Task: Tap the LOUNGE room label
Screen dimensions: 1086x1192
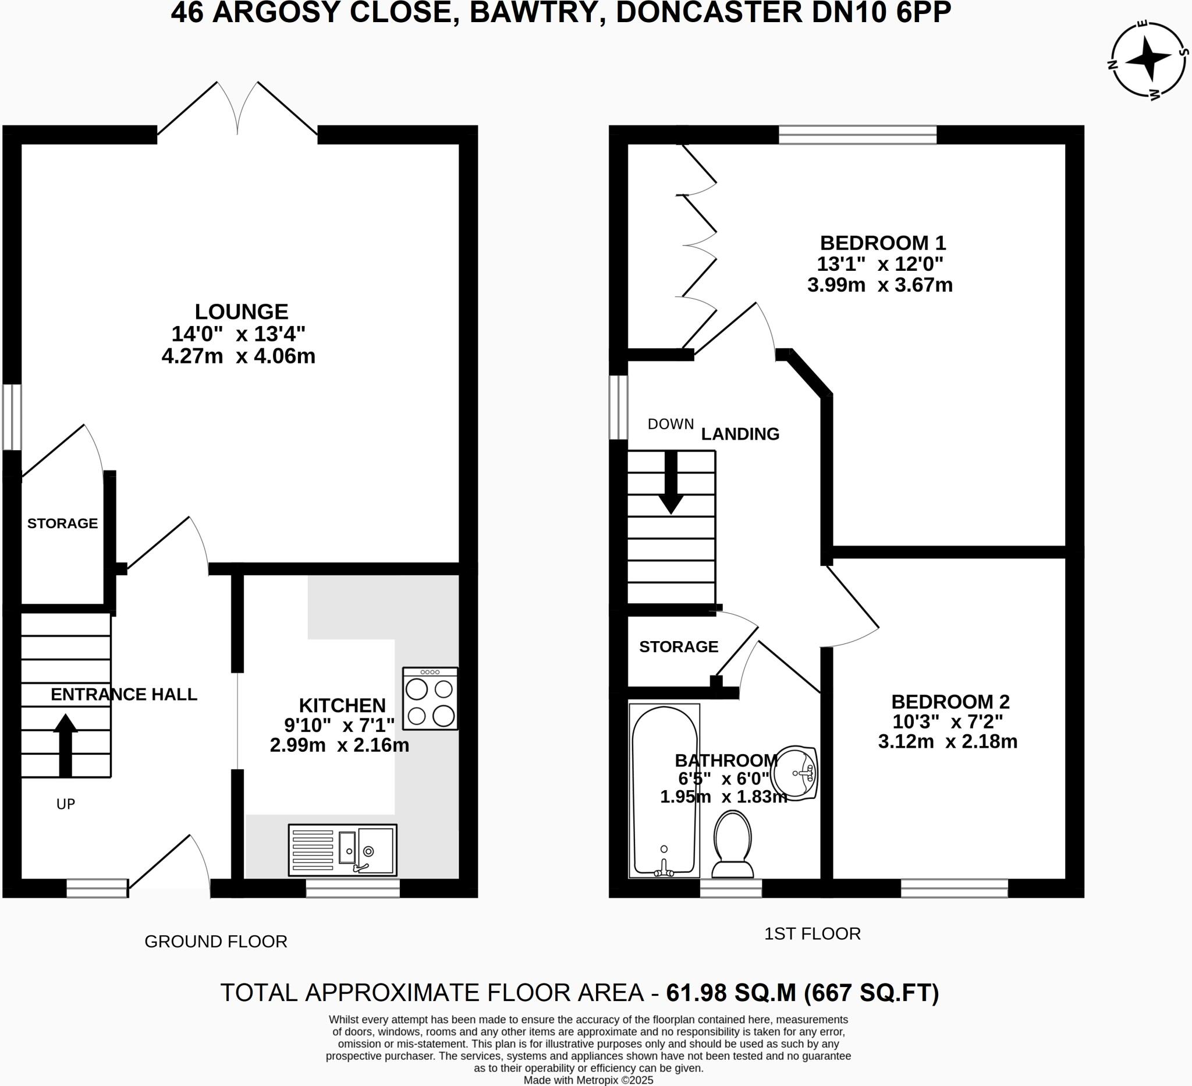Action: [x=241, y=312]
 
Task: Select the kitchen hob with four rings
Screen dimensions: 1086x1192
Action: [x=430, y=698]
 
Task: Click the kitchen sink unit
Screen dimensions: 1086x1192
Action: [x=342, y=850]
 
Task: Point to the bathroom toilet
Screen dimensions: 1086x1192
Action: [x=733, y=845]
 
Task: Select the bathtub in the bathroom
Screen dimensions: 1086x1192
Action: [x=664, y=791]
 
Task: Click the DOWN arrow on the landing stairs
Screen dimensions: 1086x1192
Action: [x=670, y=482]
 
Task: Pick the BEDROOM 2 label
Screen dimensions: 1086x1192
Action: [x=950, y=702]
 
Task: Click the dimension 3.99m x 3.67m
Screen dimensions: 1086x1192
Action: [x=880, y=285]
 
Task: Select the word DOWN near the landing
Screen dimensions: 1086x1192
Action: [x=670, y=424]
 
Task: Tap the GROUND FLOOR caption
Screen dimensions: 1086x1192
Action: [x=216, y=942]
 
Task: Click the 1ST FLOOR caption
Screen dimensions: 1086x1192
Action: [x=813, y=934]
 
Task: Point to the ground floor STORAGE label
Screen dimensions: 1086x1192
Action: [x=62, y=523]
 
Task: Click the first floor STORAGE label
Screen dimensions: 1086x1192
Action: [x=678, y=646]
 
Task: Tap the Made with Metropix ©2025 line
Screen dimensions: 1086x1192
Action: [x=588, y=1080]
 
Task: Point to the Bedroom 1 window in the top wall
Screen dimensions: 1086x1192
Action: [x=857, y=135]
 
